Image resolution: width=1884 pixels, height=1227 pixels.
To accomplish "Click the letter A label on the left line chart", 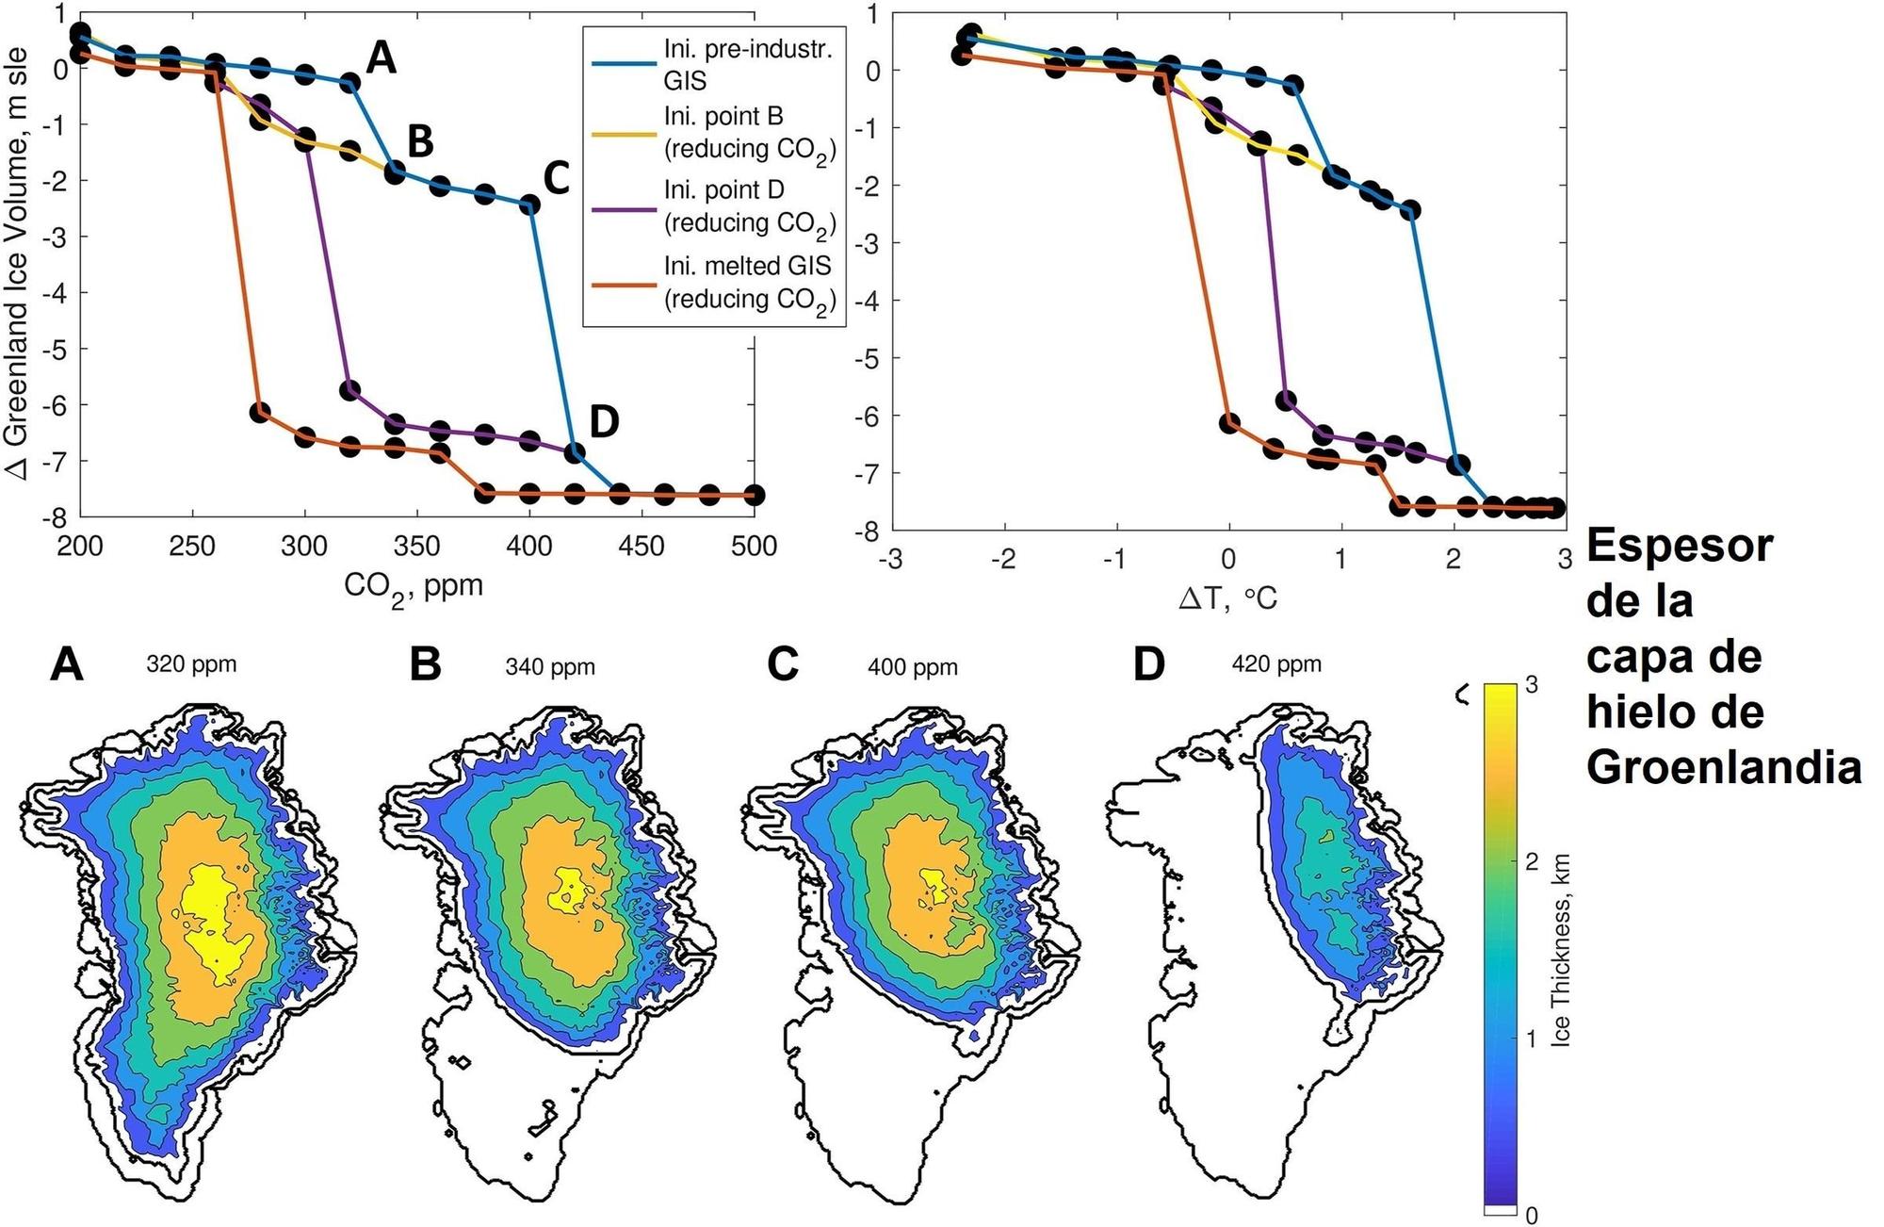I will point(381,58).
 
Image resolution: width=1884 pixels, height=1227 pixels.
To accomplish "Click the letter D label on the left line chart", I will point(604,422).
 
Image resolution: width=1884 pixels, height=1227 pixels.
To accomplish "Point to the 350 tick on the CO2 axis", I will point(416,546).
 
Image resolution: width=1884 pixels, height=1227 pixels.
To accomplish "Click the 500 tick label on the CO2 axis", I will point(754,546).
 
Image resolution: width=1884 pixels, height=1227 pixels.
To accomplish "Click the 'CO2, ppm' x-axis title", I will point(413,587).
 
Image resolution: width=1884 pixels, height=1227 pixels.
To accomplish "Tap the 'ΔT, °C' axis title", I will point(1227,597).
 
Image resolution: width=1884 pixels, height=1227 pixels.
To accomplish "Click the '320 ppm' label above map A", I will point(191,664).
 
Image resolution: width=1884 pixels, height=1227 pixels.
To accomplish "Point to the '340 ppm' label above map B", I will point(550,667).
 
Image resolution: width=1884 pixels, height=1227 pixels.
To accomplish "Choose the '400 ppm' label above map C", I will point(913,667).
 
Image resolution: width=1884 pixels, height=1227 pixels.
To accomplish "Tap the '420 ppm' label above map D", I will point(1276,664).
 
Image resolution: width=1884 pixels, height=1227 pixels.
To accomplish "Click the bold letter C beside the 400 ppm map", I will point(783,664).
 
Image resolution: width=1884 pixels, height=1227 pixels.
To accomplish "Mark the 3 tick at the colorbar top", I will point(1532,685).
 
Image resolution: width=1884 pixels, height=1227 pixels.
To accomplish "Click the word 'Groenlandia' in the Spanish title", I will point(1724,767).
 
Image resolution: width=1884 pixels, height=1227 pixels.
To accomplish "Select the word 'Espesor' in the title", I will point(1680,547).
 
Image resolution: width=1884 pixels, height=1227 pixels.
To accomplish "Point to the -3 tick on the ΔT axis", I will point(890,560).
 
